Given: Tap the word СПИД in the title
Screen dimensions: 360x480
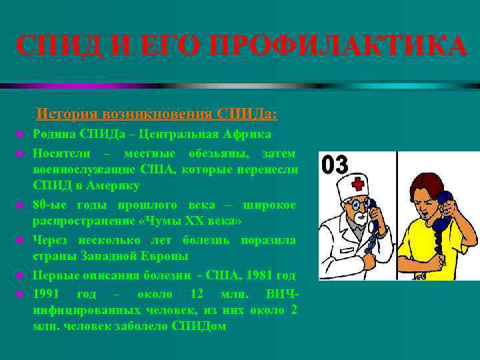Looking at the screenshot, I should point(54,47).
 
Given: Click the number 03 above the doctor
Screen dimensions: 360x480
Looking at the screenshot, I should point(335,164).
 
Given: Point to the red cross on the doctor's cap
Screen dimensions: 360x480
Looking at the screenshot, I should point(359,183).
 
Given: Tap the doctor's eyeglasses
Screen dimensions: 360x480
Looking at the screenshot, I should point(356,203).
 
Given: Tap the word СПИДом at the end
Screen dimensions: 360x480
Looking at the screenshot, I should point(199,327).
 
